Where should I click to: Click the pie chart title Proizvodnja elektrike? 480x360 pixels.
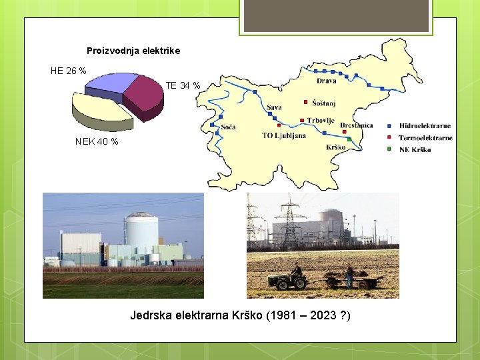[x=133, y=51]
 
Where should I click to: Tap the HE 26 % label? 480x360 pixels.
[x=68, y=71]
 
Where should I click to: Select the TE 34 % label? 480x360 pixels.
[x=183, y=85]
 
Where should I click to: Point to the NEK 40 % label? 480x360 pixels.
[x=97, y=141]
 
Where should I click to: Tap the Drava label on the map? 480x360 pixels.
[x=326, y=81]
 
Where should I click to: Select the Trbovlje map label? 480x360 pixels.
[x=321, y=121]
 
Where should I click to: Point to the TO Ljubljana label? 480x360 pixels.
[x=284, y=136]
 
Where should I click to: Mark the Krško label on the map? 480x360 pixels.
[x=336, y=147]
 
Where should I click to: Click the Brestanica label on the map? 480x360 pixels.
[x=356, y=125]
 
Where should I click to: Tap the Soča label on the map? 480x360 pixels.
[x=228, y=127]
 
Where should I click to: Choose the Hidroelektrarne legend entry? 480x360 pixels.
[x=425, y=125]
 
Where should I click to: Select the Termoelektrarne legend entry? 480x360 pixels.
[x=425, y=138]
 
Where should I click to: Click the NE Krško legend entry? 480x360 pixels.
[x=415, y=149]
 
